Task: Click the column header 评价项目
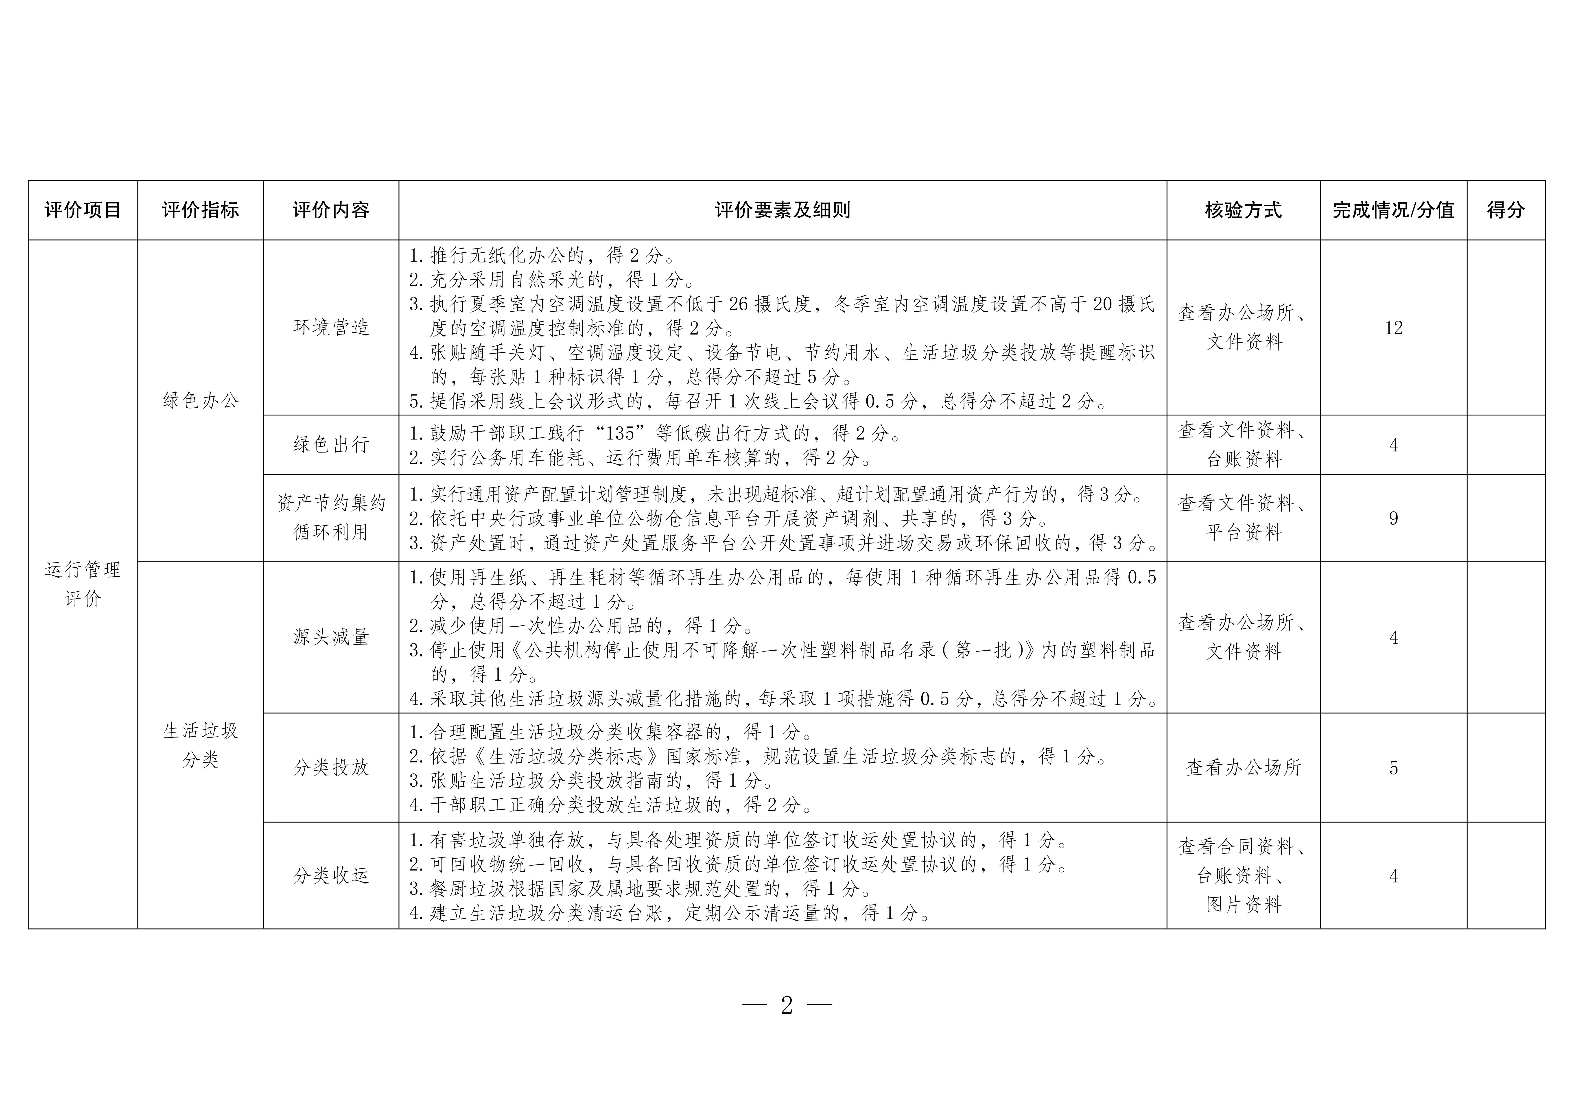pos(82,210)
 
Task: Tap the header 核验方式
pos(1243,210)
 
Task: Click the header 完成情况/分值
pos(1393,210)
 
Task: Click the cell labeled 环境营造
pos(331,327)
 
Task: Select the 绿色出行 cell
pos(331,444)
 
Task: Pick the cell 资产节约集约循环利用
pos(331,518)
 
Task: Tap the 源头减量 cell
pos(331,637)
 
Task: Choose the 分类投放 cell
pos(331,767)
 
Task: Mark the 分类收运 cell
pos(331,876)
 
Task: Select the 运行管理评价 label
pos(82,584)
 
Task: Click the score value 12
pos(1393,328)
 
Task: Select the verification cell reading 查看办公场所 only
pos(1243,767)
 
